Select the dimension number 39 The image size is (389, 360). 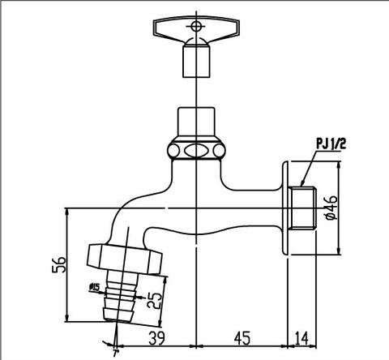point(159,337)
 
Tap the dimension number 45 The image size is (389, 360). point(242,337)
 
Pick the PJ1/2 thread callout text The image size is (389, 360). point(332,144)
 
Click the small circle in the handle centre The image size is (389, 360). point(195,27)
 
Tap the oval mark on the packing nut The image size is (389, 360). point(195,150)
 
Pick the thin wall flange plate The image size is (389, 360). point(285,208)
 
